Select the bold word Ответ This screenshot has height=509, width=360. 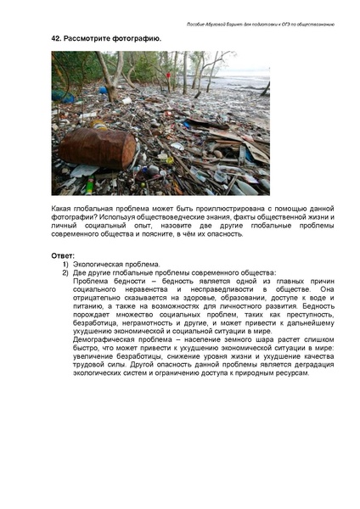tap(62, 255)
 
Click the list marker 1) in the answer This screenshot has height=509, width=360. tap(65, 264)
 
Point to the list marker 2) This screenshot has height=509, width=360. tap(65, 272)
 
